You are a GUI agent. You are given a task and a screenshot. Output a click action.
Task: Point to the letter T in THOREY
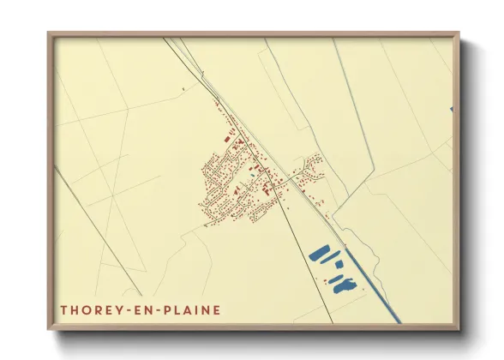[x=64, y=309]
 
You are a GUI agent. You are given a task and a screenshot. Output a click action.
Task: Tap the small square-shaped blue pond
[x=339, y=265]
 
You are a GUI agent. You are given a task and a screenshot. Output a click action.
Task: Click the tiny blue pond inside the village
[x=254, y=169]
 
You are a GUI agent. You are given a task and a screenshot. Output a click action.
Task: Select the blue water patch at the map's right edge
[x=450, y=109]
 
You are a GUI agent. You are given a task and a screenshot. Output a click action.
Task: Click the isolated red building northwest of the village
[x=183, y=88]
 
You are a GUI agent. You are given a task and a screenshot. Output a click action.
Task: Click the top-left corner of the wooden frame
[x=49, y=34]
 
